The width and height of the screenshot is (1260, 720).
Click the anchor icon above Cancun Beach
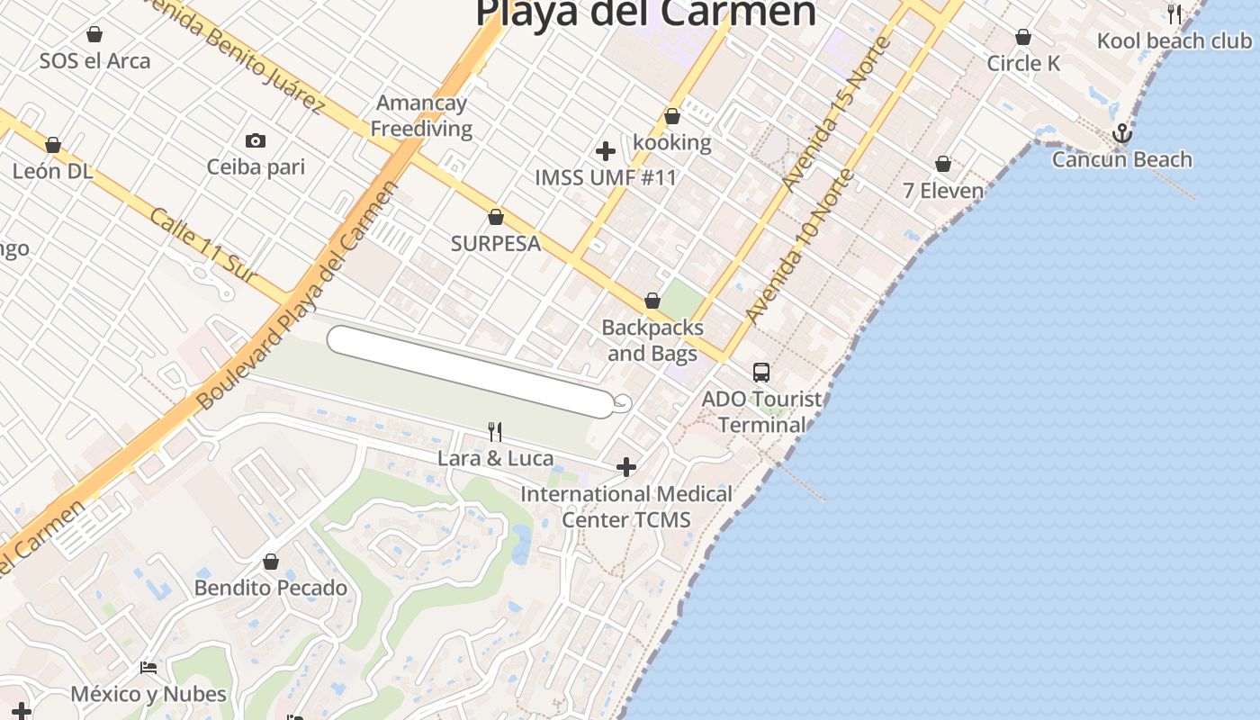(x=1121, y=134)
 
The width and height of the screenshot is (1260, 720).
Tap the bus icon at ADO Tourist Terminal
(x=761, y=372)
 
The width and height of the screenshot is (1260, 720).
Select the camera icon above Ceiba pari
(x=256, y=140)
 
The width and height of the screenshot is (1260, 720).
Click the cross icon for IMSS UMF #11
(x=606, y=150)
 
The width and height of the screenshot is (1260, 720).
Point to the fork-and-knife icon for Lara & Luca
(x=494, y=432)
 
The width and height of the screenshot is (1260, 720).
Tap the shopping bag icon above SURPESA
(x=495, y=217)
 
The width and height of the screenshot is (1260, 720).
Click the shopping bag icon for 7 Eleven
(x=943, y=164)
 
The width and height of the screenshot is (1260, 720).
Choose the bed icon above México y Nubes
(x=148, y=668)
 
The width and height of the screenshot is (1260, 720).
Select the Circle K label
(x=1023, y=64)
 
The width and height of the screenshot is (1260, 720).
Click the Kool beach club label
(x=1174, y=41)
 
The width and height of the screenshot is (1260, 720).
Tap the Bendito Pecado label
(x=271, y=589)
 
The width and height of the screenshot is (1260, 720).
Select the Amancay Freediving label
(x=421, y=115)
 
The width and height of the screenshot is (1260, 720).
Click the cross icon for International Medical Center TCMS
(x=626, y=467)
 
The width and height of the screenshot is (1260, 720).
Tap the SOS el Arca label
(x=94, y=61)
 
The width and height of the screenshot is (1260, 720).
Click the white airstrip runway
(x=468, y=372)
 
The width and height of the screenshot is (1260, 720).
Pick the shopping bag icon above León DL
(x=53, y=145)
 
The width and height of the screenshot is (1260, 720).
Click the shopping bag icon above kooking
(x=672, y=116)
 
